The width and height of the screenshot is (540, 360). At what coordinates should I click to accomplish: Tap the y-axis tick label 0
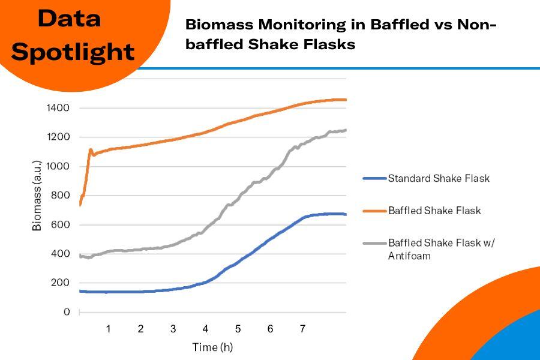[x=67, y=312]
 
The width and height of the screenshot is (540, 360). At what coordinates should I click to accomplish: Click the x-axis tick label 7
[x=302, y=329]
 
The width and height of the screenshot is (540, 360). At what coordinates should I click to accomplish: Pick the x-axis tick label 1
[x=109, y=329]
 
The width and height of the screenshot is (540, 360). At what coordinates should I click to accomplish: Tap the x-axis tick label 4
[x=205, y=329]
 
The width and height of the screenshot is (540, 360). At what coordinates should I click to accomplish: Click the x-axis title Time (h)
[x=212, y=347]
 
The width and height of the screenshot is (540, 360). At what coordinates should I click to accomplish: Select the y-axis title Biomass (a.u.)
[x=37, y=196]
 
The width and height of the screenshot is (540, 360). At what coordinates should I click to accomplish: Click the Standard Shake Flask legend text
[x=439, y=178]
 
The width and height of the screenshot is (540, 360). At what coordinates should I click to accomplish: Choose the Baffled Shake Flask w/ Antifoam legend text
[x=442, y=249]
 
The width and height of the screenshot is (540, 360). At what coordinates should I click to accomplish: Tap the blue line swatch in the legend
[x=374, y=178]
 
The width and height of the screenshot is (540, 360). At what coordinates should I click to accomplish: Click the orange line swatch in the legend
[x=374, y=211]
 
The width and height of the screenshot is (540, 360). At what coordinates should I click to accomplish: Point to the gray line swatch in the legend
[x=374, y=243]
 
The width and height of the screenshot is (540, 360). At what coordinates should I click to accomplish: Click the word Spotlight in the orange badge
[x=73, y=52]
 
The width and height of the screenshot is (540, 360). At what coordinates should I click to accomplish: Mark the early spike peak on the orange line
[x=91, y=150]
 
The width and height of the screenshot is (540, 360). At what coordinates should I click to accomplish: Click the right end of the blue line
[x=346, y=214]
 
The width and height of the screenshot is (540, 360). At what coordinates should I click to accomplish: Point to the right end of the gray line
[x=346, y=130]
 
